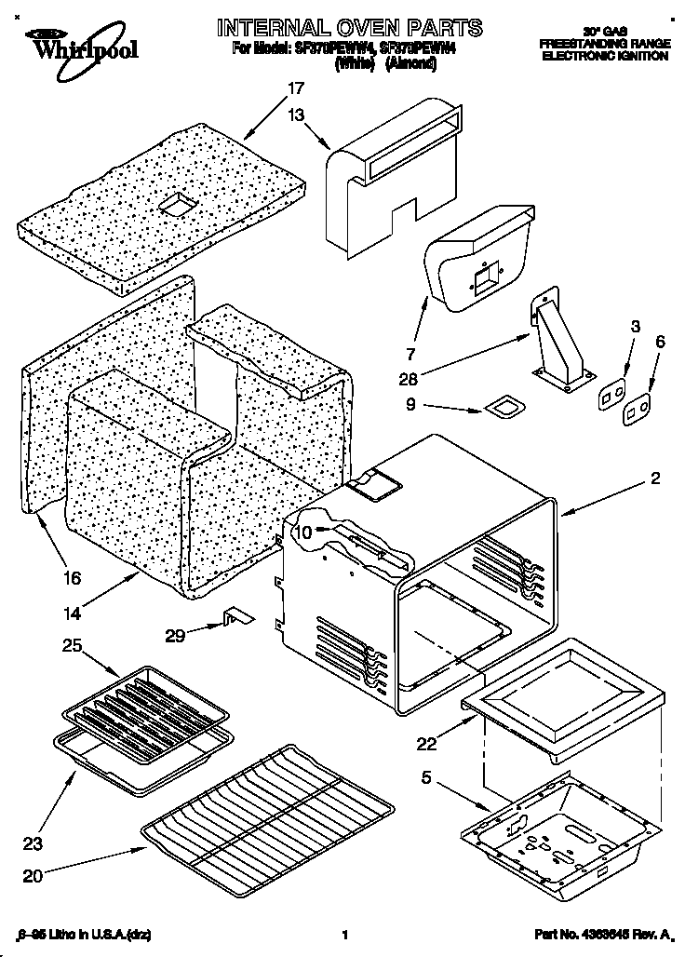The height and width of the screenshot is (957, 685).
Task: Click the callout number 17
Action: (295, 89)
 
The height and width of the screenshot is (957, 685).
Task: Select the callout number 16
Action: (72, 577)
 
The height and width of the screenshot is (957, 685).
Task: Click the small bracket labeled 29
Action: (235, 618)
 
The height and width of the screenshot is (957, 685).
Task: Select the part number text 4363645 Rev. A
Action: (604, 934)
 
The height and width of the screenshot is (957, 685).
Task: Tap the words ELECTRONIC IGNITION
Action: (605, 56)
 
